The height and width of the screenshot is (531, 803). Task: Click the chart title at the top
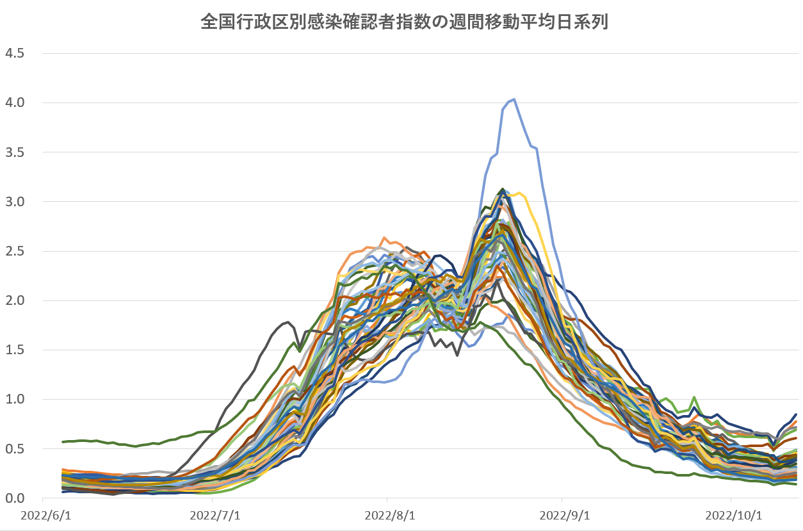coord(404,22)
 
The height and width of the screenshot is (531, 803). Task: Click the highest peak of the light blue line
coord(514,99)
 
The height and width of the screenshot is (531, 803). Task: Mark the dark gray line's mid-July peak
coord(289,322)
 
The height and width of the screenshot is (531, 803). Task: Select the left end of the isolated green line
coord(63,442)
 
